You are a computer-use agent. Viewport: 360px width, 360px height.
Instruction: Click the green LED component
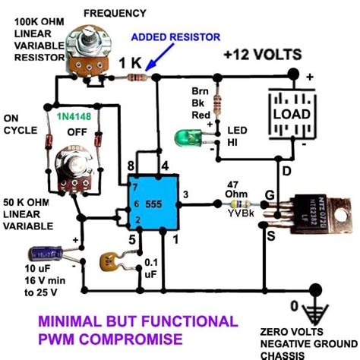[x=185, y=138]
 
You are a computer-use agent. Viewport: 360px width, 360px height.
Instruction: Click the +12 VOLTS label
[x=263, y=55]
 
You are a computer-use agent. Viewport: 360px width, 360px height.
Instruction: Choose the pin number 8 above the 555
[x=131, y=165]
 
